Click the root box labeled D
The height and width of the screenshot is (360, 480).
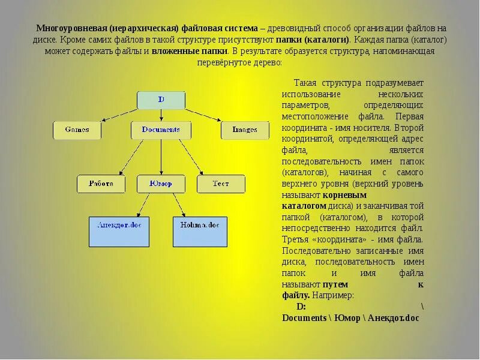[161, 100]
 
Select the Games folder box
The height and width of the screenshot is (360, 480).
[77, 130]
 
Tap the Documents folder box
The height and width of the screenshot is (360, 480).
[161, 130]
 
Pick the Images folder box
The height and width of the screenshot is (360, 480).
[245, 130]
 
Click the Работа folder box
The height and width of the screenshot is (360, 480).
[101, 184]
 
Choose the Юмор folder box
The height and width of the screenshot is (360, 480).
[161, 184]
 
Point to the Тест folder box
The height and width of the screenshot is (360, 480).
[221, 184]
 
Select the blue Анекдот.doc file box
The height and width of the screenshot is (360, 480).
[119, 232]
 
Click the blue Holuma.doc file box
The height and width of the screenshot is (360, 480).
[200, 232]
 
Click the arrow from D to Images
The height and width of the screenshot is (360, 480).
[207, 115]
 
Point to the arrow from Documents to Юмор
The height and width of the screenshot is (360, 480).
[161, 156]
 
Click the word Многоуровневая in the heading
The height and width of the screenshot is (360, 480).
[71, 28]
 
